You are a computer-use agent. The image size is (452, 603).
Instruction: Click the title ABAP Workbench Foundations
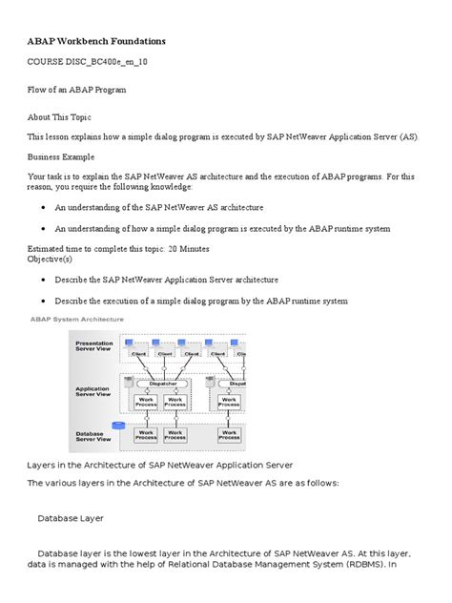(95, 42)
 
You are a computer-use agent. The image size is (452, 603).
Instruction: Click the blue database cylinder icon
(119, 426)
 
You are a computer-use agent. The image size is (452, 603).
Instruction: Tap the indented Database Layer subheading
(70, 519)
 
